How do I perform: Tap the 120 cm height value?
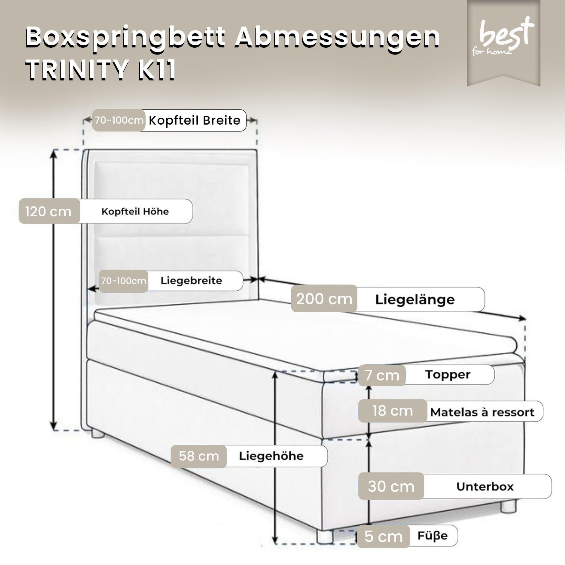(49, 212)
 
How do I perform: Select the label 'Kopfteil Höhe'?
(135, 212)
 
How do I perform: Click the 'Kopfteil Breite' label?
(195, 121)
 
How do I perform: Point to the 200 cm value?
(324, 299)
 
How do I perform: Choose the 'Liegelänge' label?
(415, 300)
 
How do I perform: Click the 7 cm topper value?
(382, 375)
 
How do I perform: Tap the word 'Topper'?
(448, 374)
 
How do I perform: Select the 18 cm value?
(393, 411)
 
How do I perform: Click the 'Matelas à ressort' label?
(482, 412)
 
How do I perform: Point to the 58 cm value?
(199, 456)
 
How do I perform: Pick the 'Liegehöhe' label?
(271, 456)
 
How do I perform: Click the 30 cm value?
(391, 487)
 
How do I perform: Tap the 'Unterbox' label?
(485, 487)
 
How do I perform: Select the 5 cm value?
(384, 537)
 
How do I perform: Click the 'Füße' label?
(432, 536)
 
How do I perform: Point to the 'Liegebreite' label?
(191, 281)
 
